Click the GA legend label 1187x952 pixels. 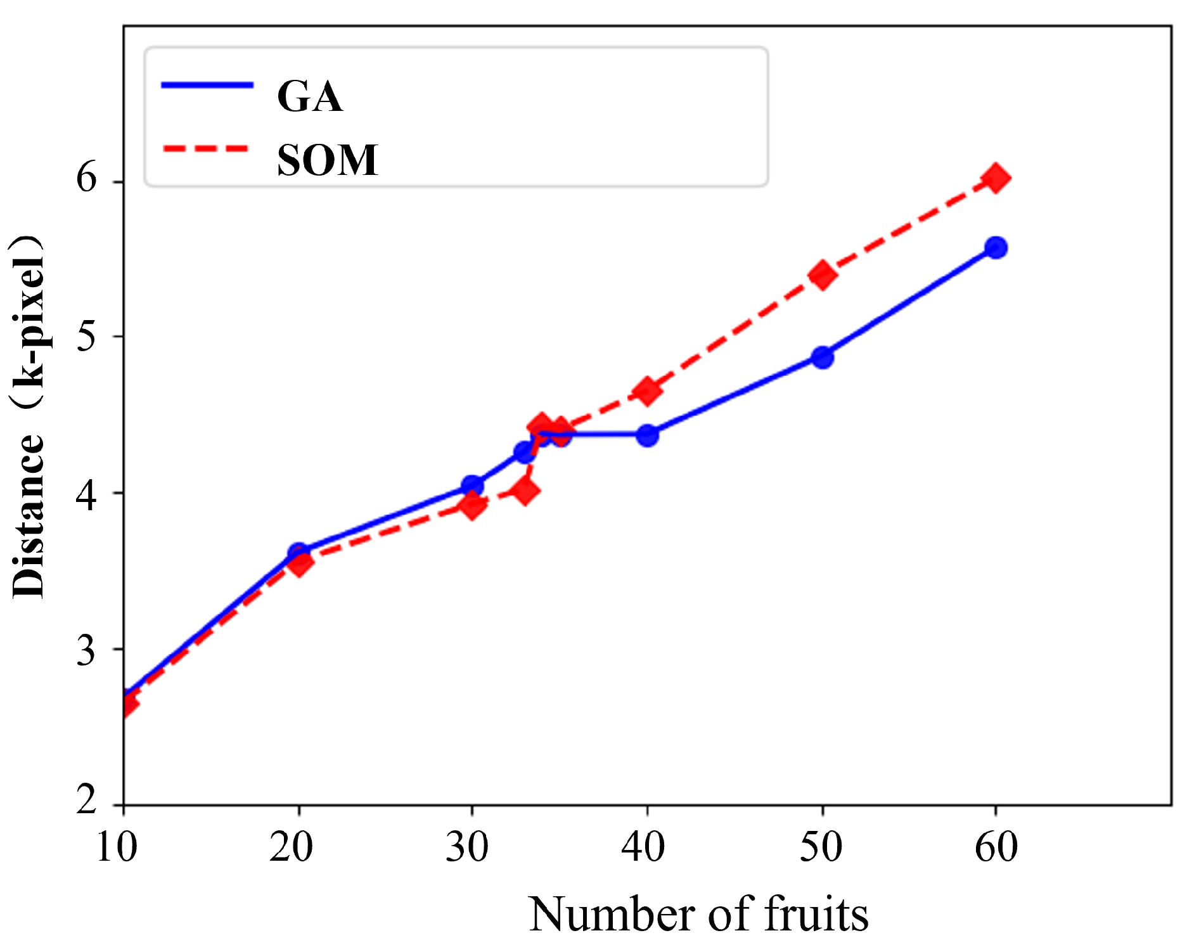tap(310, 97)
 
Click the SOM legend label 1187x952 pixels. tap(327, 160)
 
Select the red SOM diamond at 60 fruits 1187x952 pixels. tap(996, 178)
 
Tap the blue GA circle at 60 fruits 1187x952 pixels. tap(996, 248)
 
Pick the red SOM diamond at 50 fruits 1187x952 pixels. tap(823, 275)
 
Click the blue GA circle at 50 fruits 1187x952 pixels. tap(823, 357)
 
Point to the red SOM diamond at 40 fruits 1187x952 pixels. tap(647, 391)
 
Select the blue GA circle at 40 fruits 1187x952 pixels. tap(647, 435)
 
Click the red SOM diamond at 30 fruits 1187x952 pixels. tap(472, 505)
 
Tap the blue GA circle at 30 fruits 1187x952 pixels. tap(472, 486)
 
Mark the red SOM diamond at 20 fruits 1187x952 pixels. tap(299, 562)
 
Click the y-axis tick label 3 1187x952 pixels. tap(87, 650)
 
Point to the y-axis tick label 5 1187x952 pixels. tap(87, 336)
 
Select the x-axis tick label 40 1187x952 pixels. tap(643, 847)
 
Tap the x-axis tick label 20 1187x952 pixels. tap(291, 847)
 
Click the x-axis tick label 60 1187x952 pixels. tap(996, 847)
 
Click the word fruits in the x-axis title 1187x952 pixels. tap(816, 915)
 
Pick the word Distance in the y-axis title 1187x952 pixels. tap(29, 517)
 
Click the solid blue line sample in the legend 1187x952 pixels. tap(207, 85)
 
